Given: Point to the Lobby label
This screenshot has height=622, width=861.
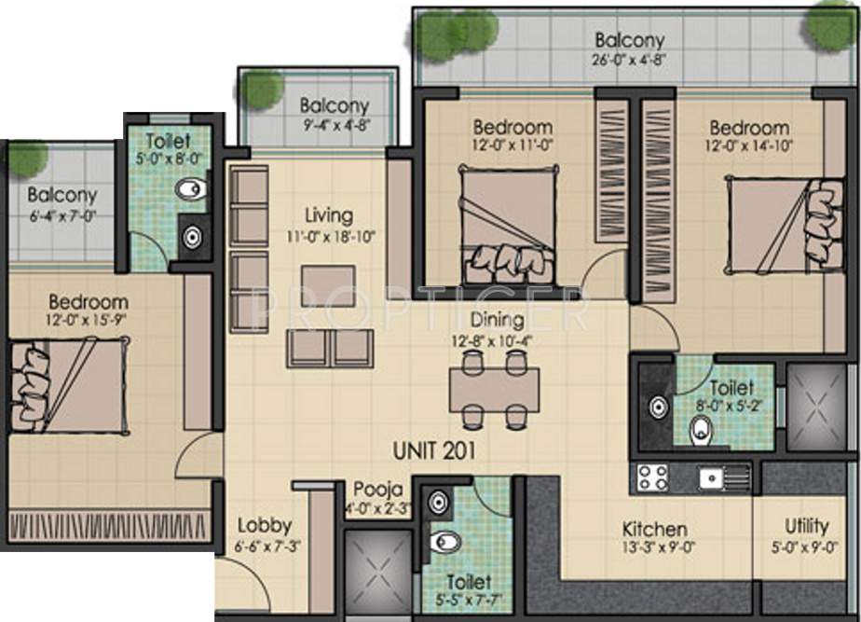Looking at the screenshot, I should coord(265,525).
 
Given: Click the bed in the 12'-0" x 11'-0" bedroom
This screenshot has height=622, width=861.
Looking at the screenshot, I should coord(509,225).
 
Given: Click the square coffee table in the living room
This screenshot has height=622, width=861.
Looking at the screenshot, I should coord(328,285).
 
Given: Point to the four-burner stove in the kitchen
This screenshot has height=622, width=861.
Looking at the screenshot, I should coord(651,477).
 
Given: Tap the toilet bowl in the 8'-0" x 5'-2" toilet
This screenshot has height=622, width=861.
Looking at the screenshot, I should coord(702,430).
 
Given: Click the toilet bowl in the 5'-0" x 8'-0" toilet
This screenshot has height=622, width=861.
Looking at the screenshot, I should coord(192,189).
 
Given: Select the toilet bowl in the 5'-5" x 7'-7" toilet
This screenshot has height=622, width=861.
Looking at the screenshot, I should coord(446,542).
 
